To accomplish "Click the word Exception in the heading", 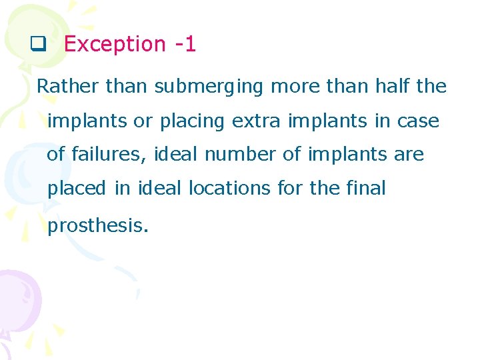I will (x=114, y=45).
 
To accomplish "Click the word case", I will (x=418, y=121).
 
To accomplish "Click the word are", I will (x=409, y=155).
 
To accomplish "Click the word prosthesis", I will (x=97, y=226).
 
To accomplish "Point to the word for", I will (x=290, y=188).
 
